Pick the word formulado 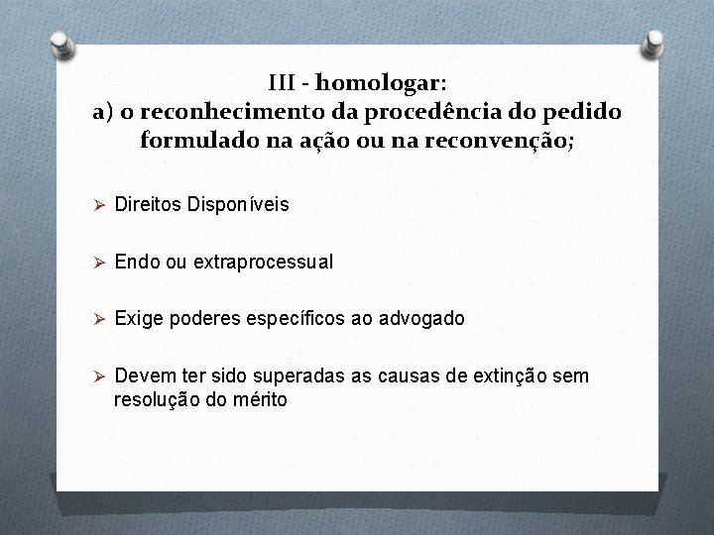(195, 141)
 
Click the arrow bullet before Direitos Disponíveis (98, 205)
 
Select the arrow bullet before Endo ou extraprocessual (98, 263)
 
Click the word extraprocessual (263, 263)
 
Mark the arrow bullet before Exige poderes (98, 319)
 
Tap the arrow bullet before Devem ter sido (98, 376)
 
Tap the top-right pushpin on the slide (654, 43)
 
